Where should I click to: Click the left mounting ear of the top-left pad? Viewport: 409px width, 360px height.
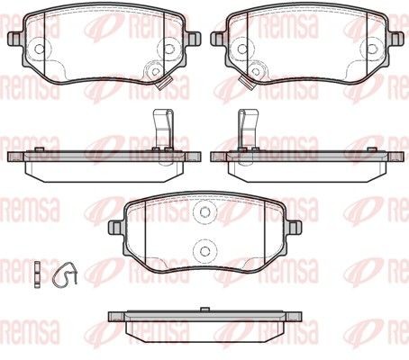[14, 39]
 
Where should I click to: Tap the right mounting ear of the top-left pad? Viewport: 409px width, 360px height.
[193, 39]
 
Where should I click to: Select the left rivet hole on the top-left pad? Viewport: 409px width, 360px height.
[39, 48]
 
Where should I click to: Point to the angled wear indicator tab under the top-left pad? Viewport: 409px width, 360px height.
[164, 83]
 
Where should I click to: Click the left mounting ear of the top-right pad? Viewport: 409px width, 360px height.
[218, 39]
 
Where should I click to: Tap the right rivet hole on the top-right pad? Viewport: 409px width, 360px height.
[372, 48]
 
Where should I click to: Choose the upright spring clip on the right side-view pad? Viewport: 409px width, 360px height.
[249, 129]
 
